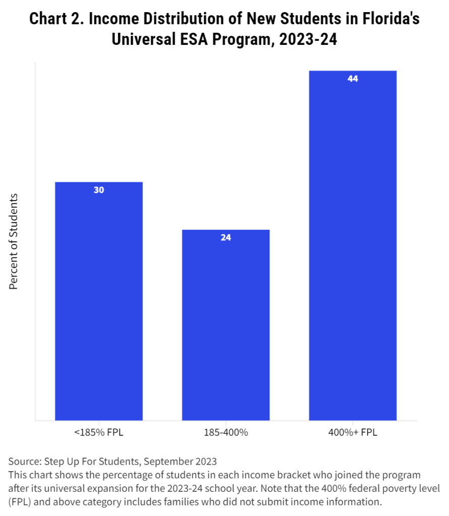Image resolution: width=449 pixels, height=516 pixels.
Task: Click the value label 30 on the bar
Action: [x=99, y=190]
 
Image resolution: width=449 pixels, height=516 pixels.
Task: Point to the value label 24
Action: [x=226, y=238]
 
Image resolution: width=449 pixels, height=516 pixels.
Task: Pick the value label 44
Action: [x=353, y=79]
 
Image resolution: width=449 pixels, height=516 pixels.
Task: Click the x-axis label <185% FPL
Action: [x=99, y=432]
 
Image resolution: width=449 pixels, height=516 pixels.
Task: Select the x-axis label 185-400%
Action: [x=226, y=432]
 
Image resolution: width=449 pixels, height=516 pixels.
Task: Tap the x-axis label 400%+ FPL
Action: [x=353, y=432]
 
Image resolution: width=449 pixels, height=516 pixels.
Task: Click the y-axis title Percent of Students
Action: [x=14, y=241]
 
